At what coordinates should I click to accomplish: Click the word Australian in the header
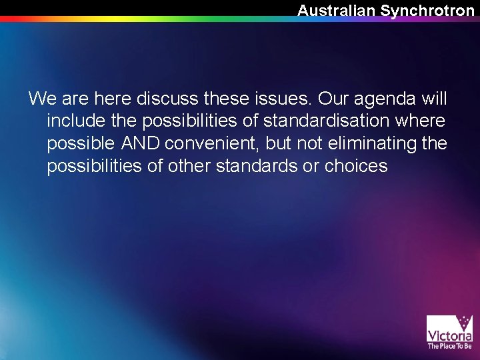(337, 11)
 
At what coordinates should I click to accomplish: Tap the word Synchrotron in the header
(427, 11)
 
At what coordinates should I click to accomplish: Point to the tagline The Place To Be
(449, 346)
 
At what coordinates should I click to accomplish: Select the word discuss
(167, 99)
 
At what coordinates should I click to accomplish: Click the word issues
(283, 99)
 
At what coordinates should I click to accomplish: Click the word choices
(356, 165)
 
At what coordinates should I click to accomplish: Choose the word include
(75, 121)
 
